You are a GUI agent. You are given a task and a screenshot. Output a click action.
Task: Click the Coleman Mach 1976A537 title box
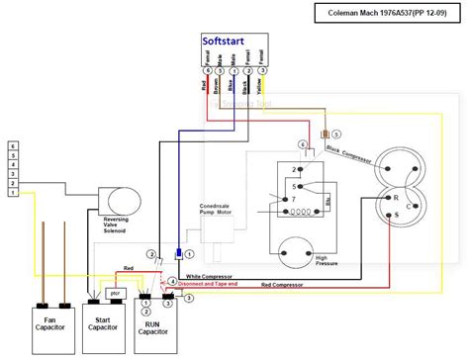(x=391, y=14)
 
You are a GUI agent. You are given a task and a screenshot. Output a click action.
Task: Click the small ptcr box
(x=115, y=294)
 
